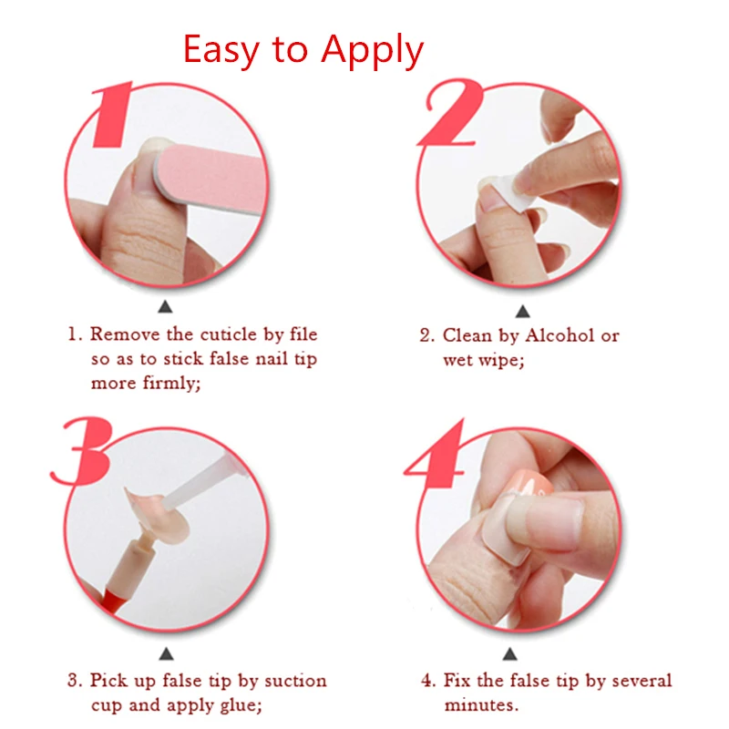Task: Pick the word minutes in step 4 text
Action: click(479, 705)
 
